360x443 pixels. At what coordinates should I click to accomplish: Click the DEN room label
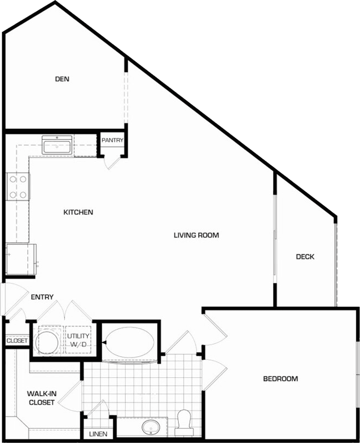[x=63, y=79]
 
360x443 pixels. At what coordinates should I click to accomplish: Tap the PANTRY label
[x=112, y=140]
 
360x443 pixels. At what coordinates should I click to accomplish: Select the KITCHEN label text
[x=78, y=212]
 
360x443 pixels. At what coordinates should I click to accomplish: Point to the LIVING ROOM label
[x=196, y=235]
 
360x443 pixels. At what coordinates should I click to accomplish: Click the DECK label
[x=305, y=257]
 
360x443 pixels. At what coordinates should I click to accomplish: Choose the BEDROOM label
[x=280, y=378]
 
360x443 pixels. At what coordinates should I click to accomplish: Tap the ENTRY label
[x=42, y=297]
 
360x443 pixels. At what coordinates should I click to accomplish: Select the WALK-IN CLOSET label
[x=42, y=398]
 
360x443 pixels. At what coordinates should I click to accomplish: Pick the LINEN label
[x=98, y=434]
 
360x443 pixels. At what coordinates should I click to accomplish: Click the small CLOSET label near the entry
[x=17, y=341]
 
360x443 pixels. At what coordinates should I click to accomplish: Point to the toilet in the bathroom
[x=184, y=421]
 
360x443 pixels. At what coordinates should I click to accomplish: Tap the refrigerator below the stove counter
[x=21, y=259]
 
